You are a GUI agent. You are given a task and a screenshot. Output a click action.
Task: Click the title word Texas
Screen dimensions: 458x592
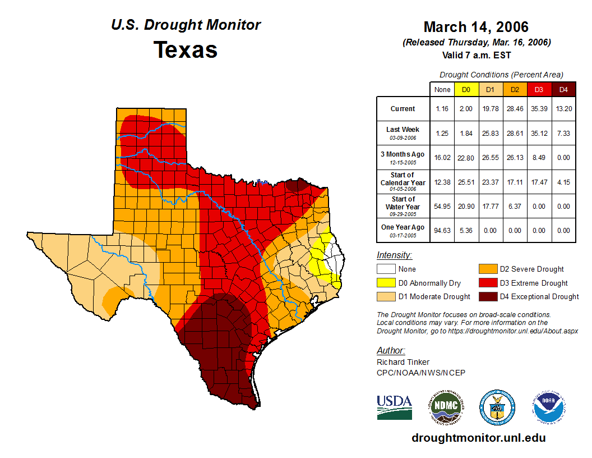click(186, 50)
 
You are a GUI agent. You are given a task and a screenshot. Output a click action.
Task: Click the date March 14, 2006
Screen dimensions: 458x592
click(476, 27)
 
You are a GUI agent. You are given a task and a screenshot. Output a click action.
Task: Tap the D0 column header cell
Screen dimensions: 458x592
click(466, 90)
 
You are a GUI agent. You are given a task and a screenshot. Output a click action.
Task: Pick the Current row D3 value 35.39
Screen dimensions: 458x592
click(539, 109)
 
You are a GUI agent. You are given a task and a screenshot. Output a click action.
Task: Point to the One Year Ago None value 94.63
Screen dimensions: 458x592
click(442, 230)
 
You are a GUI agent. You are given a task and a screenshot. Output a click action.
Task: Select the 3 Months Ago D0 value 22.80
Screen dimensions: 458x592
click(466, 157)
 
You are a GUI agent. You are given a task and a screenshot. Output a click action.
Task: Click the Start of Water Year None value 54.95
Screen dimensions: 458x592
click(442, 206)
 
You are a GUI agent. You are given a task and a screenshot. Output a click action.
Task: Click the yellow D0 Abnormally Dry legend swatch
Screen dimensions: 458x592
click(386, 283)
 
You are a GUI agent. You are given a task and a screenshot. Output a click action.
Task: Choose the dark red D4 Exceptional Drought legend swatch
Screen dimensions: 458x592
click(487, 296)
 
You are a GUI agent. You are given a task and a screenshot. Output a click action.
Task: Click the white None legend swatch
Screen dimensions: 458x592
click(386, 269)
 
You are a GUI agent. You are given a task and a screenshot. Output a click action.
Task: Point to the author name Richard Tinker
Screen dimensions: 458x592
click(403, 362)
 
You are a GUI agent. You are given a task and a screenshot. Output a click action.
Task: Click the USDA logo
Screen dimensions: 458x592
click(394, 407)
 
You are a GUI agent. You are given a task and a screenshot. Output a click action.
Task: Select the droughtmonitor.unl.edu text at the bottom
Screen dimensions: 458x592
click(478, 438)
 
